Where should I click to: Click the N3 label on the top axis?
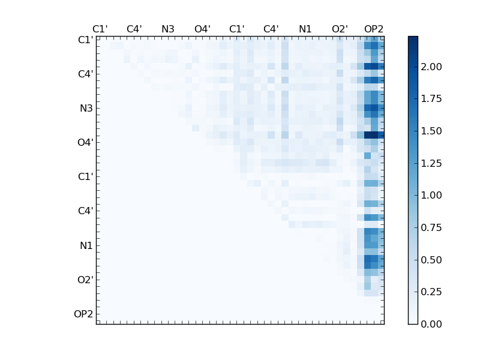(x=168, y=29)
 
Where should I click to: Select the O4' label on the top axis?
(x=202, y=29)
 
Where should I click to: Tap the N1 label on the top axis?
(x=305, y=29)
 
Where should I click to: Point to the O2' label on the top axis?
(x=340, y=29)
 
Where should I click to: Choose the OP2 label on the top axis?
(x=374, y=29)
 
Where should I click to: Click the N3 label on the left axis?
(x=86, y=109)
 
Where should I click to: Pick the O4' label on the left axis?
(x=85, y=143)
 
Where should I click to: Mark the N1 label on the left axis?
(x=86, y=245)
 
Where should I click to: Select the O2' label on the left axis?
(x=85, y=280)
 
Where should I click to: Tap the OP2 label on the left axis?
(x=83, y=314)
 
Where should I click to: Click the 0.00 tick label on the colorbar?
(x=431, y=324)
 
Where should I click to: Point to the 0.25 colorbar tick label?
(x=431, y=292)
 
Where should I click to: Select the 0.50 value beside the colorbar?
(x=431, y=260)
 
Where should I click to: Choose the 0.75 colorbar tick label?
(x=431, y=227)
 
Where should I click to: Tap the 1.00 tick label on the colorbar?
(x=431, y=195)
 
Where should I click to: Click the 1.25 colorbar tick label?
(x=431, y=163)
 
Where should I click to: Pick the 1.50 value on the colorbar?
(x=431, y=131)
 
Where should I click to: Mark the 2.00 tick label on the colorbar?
(x=431, y=67)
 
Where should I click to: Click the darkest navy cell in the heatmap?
(x=371, y=135)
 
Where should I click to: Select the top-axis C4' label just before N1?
(x=271, y=29)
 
